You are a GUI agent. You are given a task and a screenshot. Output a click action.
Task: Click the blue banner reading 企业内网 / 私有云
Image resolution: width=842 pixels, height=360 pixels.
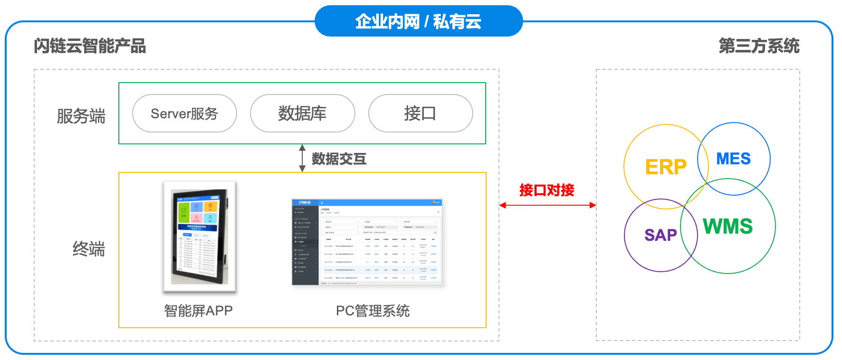coord(419,21)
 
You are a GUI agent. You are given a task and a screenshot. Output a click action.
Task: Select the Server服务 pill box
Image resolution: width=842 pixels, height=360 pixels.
coord(184,114)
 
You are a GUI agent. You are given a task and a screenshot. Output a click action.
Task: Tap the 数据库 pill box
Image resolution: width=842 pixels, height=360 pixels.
coord(302,114)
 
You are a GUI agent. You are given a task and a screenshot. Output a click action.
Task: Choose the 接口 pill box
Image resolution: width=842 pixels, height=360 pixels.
coord(420,114)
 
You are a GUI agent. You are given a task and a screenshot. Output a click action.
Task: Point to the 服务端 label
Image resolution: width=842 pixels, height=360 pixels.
coord(81,116)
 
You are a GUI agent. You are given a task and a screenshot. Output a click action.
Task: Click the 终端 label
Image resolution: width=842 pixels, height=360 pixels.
coord(88,249)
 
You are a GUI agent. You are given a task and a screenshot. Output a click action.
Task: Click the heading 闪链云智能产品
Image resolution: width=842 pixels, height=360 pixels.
coord(90,46)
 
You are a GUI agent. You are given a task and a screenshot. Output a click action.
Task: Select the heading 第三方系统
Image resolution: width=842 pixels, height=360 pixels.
coord(759,46)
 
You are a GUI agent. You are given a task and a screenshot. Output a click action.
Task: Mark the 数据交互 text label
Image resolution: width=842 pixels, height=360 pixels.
coord(339,159)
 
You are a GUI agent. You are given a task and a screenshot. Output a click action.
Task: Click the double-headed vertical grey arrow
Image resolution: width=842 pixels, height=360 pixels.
coord(302,158)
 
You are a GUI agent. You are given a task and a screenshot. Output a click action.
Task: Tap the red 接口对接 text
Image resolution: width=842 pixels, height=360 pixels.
coord(546,190)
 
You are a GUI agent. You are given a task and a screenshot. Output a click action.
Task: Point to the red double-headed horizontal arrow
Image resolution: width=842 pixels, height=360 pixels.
coord(547,205)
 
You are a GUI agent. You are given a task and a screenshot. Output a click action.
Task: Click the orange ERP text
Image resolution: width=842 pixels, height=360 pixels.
coord(666,167)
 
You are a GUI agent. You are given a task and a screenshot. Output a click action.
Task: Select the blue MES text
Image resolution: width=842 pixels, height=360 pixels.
coord(733,159)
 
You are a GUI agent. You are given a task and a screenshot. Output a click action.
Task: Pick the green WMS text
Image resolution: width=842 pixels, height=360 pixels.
coord(727,226)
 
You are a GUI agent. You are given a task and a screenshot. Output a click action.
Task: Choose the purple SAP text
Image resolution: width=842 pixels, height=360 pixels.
coord(660,235)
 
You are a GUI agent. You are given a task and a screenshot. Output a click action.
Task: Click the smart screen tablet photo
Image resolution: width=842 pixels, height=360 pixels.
coord(200,237)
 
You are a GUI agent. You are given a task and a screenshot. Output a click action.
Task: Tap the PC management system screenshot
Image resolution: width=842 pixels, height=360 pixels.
coord(367,242)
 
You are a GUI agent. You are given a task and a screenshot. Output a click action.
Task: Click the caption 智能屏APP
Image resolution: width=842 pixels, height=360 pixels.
coord(198,311)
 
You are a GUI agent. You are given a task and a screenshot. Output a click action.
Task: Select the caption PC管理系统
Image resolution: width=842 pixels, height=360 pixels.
coord(373,311)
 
